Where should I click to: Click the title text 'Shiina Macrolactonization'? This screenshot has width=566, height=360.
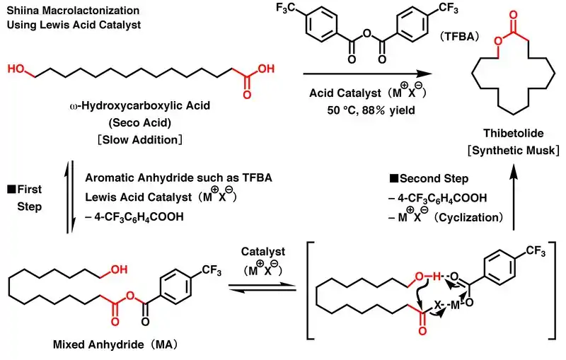(x=62, y=11)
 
